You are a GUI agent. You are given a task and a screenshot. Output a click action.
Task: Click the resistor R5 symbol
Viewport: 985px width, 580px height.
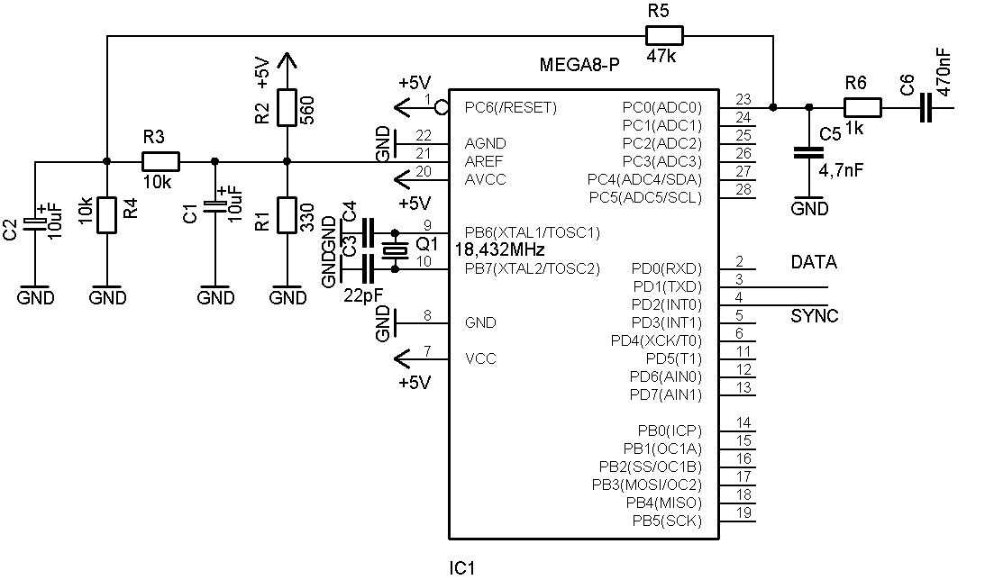664,36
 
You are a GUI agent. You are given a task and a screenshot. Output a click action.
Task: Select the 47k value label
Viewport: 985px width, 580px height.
661,56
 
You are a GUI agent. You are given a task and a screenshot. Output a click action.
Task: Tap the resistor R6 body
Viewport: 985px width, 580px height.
862,107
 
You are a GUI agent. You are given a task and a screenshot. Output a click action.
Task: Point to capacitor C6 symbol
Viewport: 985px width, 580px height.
926,107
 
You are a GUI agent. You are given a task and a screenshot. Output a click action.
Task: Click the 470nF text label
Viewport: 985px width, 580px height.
944,73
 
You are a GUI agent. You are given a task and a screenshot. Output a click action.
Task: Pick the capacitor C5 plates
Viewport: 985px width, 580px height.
808,152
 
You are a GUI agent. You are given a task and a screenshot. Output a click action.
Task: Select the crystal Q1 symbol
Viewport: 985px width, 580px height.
395,250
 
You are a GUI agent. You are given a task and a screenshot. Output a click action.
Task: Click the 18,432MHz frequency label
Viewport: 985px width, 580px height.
499,249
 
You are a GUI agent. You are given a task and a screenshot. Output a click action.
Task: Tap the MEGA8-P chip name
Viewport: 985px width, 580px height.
579,65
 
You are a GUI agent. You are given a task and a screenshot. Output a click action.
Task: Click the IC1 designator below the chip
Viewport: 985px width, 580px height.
461,568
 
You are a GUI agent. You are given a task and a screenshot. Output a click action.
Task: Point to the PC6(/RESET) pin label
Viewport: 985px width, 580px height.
511,108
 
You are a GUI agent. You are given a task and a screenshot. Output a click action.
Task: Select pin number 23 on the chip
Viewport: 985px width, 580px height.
743,99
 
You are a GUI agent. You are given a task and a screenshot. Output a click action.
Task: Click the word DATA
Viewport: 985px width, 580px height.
814,262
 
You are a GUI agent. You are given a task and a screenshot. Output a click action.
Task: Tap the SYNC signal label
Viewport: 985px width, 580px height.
814,316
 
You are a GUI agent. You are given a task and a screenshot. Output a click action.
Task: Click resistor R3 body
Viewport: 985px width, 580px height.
160,161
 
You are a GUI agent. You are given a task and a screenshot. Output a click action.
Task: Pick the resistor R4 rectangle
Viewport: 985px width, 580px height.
107,215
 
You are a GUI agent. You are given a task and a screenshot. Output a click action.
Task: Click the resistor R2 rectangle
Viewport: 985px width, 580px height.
287,107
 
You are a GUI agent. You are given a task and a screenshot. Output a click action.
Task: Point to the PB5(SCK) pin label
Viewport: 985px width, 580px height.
667,521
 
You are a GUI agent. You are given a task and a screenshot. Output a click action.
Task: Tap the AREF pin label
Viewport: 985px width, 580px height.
484,161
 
